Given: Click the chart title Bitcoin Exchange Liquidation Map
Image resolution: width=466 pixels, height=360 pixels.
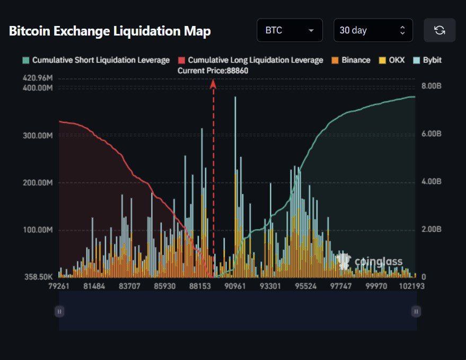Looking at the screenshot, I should [110, 31].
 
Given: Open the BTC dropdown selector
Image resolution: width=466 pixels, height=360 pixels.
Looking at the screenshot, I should [289, 30].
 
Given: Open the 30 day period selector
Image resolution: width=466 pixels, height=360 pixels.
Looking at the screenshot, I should [373, 30].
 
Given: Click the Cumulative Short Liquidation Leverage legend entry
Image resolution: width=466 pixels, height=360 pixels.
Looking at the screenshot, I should [96, 60].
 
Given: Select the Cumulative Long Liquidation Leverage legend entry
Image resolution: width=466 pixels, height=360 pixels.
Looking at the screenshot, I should [250, 60].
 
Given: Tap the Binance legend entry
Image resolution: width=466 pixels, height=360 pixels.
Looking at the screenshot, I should [351, 60].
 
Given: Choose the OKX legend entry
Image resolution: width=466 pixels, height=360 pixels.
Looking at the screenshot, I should [392, 60].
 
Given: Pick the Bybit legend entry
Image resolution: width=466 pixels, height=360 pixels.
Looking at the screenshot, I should [427, 60].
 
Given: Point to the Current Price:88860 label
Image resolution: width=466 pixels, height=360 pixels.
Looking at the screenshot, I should [213, 71].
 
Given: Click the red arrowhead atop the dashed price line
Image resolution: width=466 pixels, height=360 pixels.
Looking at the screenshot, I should [214, 83].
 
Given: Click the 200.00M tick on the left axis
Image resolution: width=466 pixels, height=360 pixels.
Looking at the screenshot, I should [38, 182].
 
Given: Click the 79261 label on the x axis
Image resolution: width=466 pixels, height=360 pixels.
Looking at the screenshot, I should [58, 286].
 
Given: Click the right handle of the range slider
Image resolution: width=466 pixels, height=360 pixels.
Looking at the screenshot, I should [416, 311].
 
